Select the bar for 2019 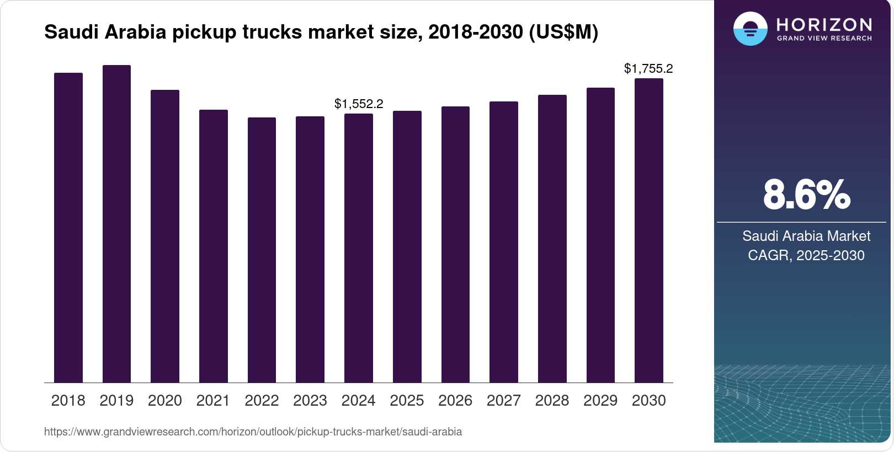click(116, 224)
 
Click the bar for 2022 click(262, 250)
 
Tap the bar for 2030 click(649, 230)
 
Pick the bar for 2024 click(359, 248)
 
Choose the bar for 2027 click(504, 242)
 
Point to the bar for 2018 click(68, 228)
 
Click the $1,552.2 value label click(359, 104)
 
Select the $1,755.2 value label click(648, 68)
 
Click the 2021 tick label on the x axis click(213, 401)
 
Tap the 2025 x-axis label click(407, 401)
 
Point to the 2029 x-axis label click(600, 401)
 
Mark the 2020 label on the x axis click(165, 401)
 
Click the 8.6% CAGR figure click(806, 195)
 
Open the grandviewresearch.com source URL click(253, 432)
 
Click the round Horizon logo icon click(750, 29)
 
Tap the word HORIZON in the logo click(824, 24)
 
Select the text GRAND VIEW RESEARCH click(824, 39)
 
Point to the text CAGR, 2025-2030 click(806, 255)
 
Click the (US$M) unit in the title click(563, 32)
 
